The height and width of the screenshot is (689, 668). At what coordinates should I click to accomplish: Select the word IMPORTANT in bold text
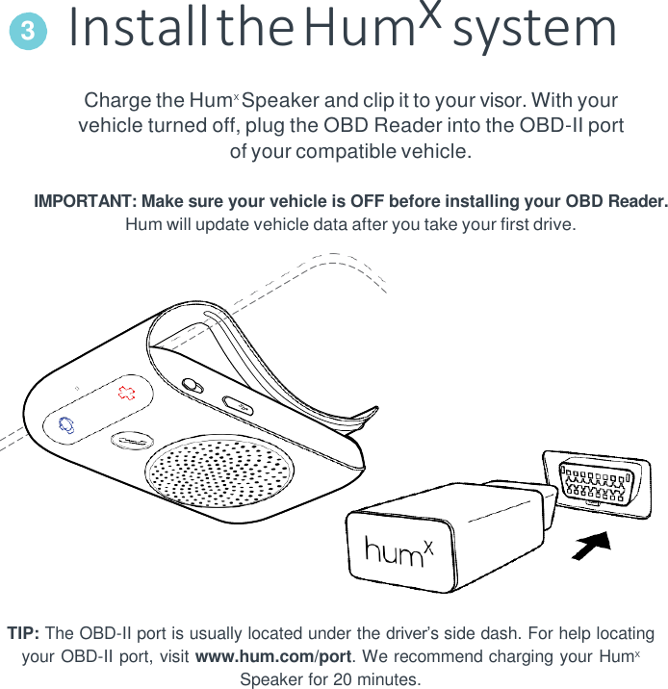tap(86, 202)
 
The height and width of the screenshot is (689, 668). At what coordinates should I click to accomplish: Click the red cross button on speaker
tap(125, 392)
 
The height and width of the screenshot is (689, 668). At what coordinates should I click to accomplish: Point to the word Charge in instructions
tap(117, 101)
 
